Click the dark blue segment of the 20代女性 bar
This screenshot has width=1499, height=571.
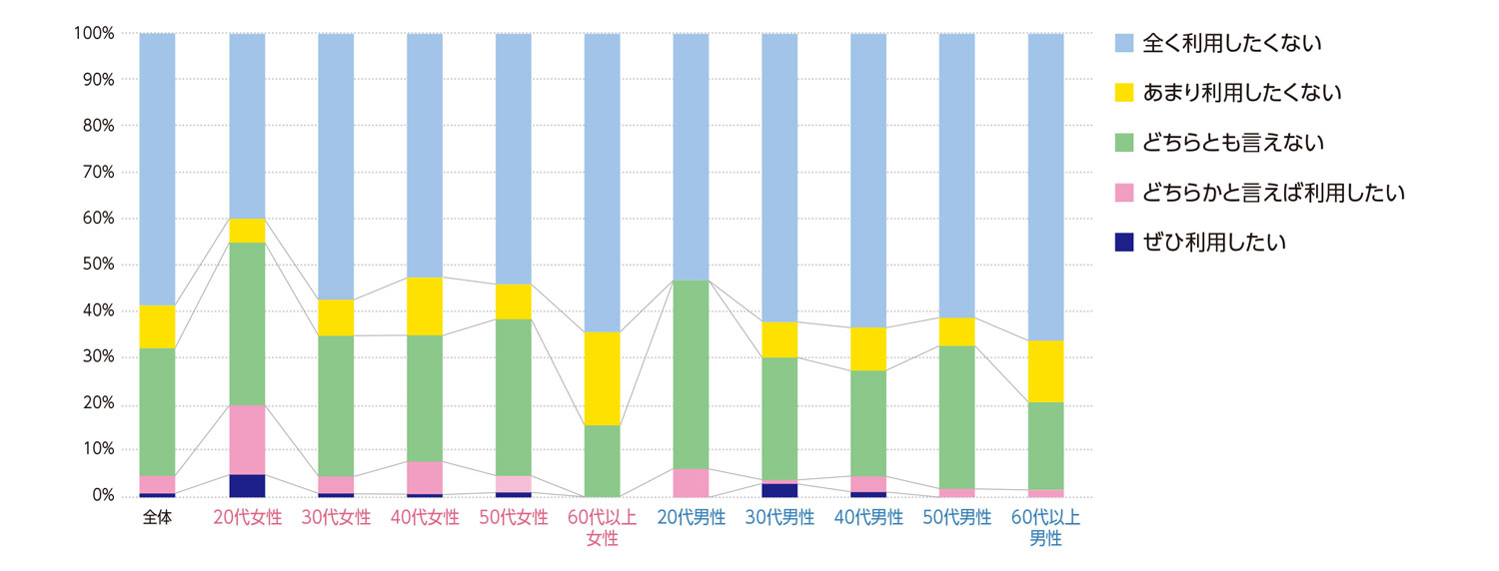click(x=247, y=485)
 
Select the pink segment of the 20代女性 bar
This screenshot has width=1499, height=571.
click(x=247, y=439)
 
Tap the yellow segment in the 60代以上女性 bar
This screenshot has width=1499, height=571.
click(x=602, y=378)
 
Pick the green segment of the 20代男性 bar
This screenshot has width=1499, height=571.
click(x=691, y=374)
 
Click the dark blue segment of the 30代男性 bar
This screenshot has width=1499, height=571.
click(x=779, y=489)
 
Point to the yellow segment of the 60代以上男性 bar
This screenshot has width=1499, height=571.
click(x=1045, y=371)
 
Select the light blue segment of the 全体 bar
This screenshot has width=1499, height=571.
click(x=157, y=169)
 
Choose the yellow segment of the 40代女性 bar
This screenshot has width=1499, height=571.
click(x=425, y=305)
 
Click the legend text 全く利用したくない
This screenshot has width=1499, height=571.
click(x=1232, y=43)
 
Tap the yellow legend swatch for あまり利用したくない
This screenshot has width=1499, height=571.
click(x=1124, y=93)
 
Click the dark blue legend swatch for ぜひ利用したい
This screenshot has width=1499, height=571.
click(x=1124, y=243)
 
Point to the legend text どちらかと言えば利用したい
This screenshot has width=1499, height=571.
click(x=1273, y=193)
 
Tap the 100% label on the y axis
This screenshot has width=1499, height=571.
click(x=93, y=33)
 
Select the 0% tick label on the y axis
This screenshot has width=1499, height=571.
click(x=100, y=496)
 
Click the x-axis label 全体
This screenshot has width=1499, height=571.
click(x=157, y=518)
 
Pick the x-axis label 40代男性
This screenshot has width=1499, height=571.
click(x=868, y=518)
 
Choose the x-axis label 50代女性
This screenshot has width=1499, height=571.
click(x=514, y=518)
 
